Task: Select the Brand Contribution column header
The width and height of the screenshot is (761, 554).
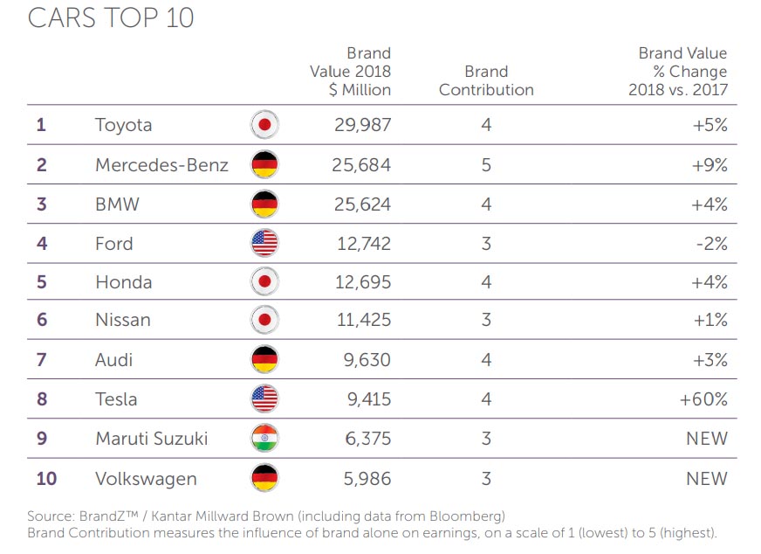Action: (486, 80)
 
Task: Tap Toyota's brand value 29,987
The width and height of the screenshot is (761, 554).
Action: (362, 125)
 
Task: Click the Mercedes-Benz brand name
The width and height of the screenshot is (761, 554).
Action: (161, 164)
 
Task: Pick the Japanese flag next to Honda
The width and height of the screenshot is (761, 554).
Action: (264, 282)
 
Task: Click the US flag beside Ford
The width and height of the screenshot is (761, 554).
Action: (264, 243)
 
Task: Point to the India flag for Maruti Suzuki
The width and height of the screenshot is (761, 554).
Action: (264, 439)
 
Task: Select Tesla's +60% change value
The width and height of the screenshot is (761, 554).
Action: (703, 399)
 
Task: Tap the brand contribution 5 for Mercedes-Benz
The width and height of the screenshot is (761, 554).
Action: (486, 164)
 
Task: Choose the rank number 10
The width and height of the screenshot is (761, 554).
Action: (46, 478)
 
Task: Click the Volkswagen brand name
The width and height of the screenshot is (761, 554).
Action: (146, 478)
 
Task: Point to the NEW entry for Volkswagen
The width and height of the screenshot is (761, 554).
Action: (706, 478)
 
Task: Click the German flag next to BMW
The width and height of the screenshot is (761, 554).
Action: (264, 204)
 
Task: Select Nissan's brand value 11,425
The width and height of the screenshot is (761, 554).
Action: (363, 321)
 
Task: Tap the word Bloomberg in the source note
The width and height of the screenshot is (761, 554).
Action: (469, 516)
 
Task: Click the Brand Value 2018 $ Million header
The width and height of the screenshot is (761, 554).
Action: (351, 72)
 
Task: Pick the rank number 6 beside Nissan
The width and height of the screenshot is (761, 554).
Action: (41, 321)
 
